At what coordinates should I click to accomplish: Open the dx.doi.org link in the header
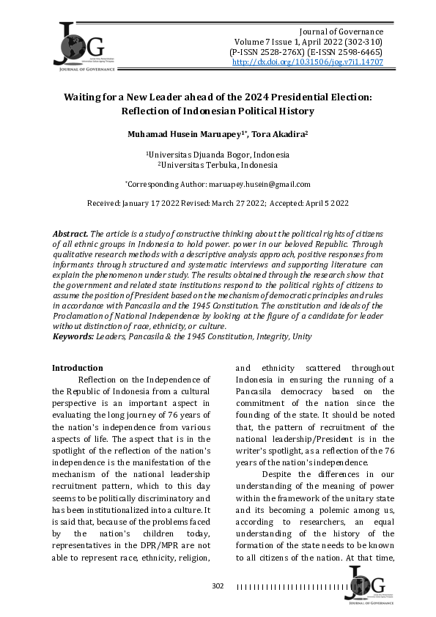[307, 63]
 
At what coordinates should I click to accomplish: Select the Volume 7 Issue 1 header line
[308, 43]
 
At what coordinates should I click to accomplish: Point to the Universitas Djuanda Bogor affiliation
[218, 155]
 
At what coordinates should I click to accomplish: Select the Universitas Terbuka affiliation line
[218, 165]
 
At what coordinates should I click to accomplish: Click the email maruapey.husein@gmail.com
[259, 185]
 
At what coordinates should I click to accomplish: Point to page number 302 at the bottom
[218, 586]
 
